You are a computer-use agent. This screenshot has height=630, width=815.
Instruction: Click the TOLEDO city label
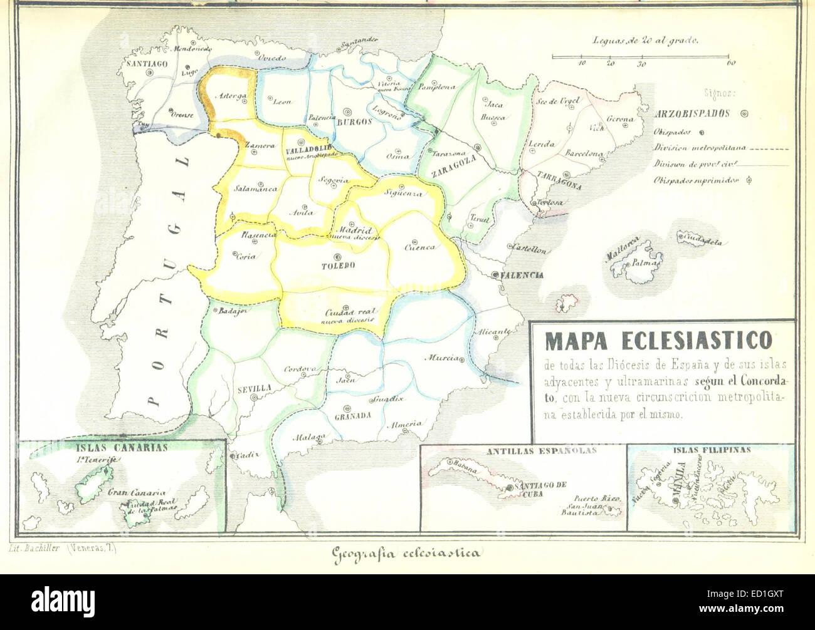click(x=339, y=266)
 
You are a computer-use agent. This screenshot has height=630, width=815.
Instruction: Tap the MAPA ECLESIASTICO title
click(x=658, y=341)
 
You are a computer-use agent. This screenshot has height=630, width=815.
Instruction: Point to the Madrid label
click(x=355, y=230)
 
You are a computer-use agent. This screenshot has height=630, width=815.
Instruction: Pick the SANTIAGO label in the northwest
click(x=146, y=63)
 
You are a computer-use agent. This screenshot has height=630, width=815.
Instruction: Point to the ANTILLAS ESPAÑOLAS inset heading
click(x=541, y=450)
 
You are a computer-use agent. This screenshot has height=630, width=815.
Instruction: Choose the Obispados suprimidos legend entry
click(x=695, y=180)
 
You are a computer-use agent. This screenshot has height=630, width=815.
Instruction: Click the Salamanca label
click(x=256, y=188)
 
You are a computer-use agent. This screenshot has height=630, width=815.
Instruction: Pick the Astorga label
click(x=230, y=96)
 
